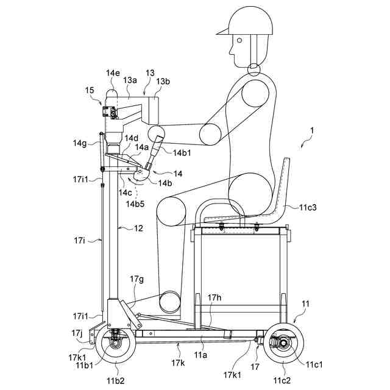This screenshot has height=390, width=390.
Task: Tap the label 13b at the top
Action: point(163,82)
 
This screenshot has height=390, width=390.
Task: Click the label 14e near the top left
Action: point(113,73)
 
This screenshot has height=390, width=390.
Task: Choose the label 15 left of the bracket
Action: point(90,90)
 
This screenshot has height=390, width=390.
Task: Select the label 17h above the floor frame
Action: point(214,298)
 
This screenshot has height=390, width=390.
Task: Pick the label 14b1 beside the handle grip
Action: point(182,153)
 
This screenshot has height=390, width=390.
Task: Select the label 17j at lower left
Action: point(77,333)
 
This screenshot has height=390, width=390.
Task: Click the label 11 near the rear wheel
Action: point(305,303)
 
